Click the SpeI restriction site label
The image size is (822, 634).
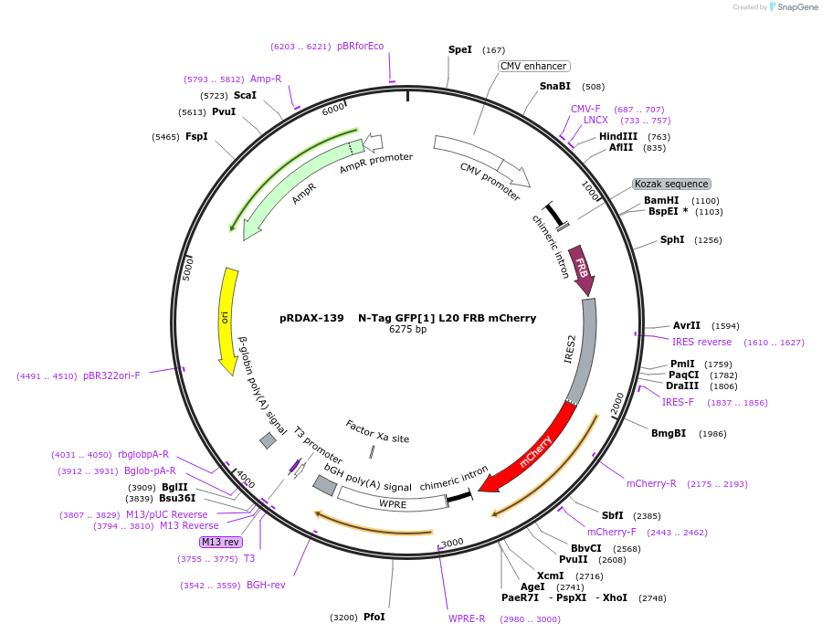point(460,49)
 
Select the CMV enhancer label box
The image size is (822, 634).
point(534,66)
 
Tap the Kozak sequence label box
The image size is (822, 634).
point(671,184)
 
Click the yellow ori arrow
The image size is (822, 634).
point(226,320)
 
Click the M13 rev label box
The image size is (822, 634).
point(220,542)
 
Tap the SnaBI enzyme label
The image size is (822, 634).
point(554,87)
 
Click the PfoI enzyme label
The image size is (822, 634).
point(374,618)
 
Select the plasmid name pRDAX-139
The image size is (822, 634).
point(311,319)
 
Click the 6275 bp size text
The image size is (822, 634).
point(408,330)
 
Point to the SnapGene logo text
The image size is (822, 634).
point(797,7)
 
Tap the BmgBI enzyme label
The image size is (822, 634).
point(669,433)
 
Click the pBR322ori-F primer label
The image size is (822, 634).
point(111,375)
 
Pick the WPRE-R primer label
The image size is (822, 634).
point(467,618)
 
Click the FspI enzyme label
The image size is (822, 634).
point(196,136)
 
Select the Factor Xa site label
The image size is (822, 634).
point(377,431)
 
